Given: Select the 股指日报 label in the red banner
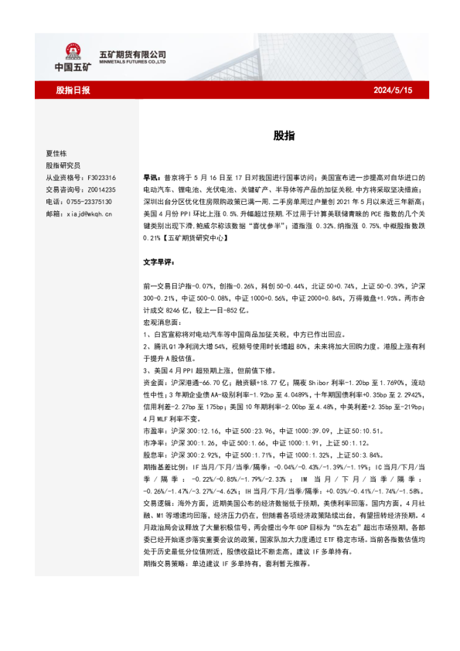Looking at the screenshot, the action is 73,90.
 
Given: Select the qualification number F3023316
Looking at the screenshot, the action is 100,177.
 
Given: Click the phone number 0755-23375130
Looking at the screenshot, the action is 88,200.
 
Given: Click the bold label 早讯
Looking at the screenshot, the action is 152,177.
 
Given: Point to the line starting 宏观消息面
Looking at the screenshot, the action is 162,322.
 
